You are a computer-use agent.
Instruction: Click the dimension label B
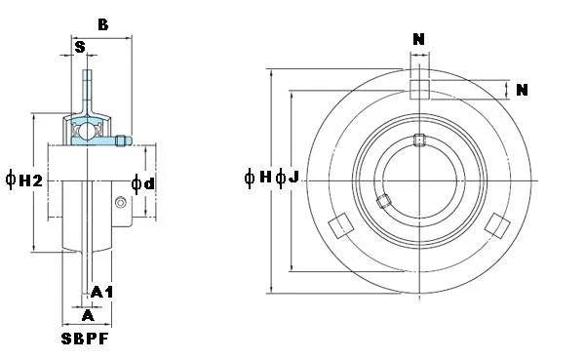point(102,24)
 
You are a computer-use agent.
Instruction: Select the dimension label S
point(79,46)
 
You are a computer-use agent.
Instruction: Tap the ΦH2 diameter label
point(24,179)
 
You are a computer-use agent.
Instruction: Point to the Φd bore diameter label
point(143,184)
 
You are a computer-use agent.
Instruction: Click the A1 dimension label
point(102,292)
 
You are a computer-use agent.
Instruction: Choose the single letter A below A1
point(88,314)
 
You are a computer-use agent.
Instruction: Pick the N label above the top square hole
point(419,40)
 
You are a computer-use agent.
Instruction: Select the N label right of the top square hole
point(522,91)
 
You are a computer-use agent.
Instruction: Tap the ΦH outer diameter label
point(258,178)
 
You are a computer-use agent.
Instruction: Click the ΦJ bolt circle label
point(287,178)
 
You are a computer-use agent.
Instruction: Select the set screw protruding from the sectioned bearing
point(122,141)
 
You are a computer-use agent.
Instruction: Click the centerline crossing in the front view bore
point(419,180)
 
